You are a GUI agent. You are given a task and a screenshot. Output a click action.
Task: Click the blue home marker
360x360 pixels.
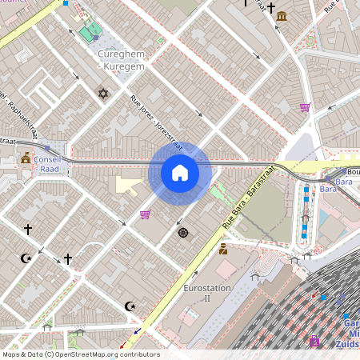(180, 173)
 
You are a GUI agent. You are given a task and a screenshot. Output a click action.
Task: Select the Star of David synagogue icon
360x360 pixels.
(102, 94)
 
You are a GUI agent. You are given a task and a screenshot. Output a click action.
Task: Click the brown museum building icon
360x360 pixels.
(281, 15)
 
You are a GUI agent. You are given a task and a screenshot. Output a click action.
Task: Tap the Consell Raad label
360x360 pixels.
(47, 164)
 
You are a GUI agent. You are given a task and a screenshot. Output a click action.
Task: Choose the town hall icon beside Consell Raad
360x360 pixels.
(26, 158)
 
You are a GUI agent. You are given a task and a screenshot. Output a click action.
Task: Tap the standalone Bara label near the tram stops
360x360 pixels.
(328, 189)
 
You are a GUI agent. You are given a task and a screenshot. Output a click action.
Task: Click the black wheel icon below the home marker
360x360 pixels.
(183, 233)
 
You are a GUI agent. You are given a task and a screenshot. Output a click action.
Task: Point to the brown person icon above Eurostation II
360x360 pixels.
(223, 249)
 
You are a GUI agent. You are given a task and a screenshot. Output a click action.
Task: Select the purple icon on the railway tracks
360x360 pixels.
(314, 342)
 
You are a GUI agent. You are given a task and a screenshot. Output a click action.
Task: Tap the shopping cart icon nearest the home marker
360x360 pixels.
(145, 214)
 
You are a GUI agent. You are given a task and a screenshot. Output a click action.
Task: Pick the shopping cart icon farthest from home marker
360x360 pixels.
(304, 107)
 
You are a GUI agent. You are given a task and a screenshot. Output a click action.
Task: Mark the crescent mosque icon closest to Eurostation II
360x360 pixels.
(130, 306)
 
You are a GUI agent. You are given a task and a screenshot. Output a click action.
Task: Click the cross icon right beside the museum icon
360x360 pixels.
(271, 7)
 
